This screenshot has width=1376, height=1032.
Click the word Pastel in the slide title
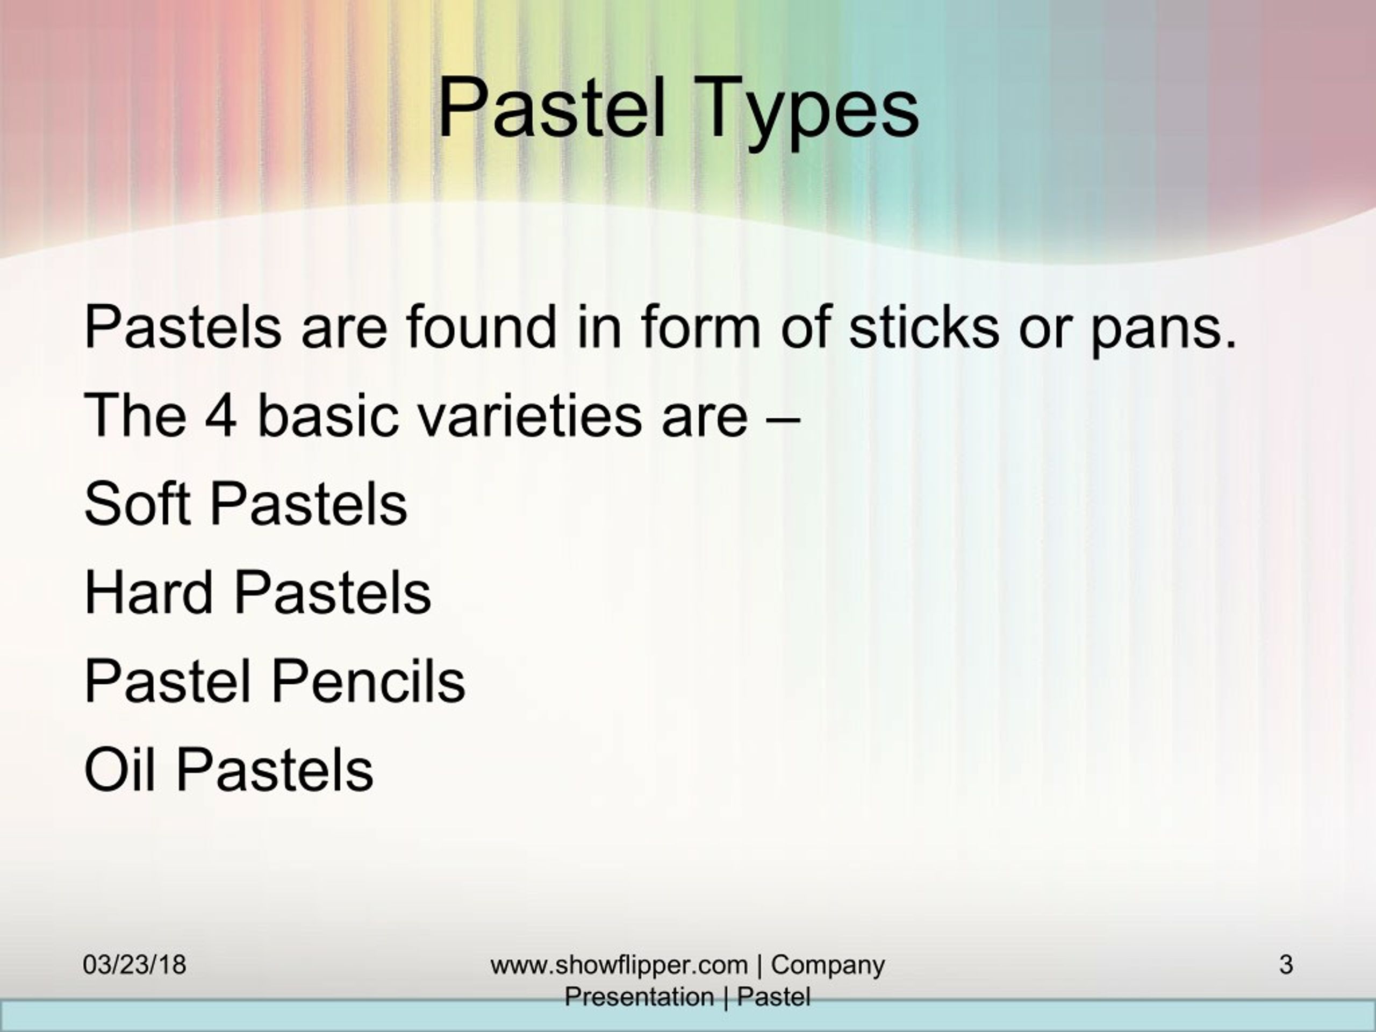[x=553, y=107]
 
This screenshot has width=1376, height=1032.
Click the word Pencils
[x=368, y=680]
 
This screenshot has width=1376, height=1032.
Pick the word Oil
[x=119, y=770]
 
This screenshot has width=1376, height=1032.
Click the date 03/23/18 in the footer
[x=134, y=965]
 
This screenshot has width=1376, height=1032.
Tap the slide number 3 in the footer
[x=1286, y=965]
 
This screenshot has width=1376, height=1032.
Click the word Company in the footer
[x=827, y=965]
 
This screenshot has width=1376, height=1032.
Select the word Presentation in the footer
[x=639, y=997]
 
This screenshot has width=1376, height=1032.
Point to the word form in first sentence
[x=700, y=327]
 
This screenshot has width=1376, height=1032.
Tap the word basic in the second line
[x=327, y=415]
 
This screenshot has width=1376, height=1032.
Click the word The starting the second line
[x=135, y=415]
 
